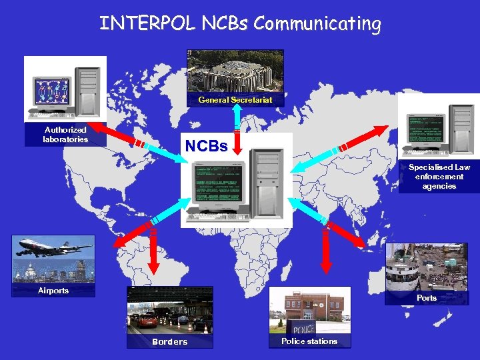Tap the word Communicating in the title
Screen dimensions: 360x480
click(317, 24)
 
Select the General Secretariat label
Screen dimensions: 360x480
click(235, 100)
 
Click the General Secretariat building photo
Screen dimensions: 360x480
click(235, 72)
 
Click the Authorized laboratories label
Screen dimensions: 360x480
click(65, 135)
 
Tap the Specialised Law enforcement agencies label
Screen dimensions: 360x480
click(439, 177)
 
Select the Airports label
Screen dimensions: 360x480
click(53, 291)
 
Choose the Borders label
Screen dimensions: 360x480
click(170, 342)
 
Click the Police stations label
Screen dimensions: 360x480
click(309, 341)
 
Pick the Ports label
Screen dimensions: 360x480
click(427, 298)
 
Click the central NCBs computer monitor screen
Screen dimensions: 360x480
click(215, 183)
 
